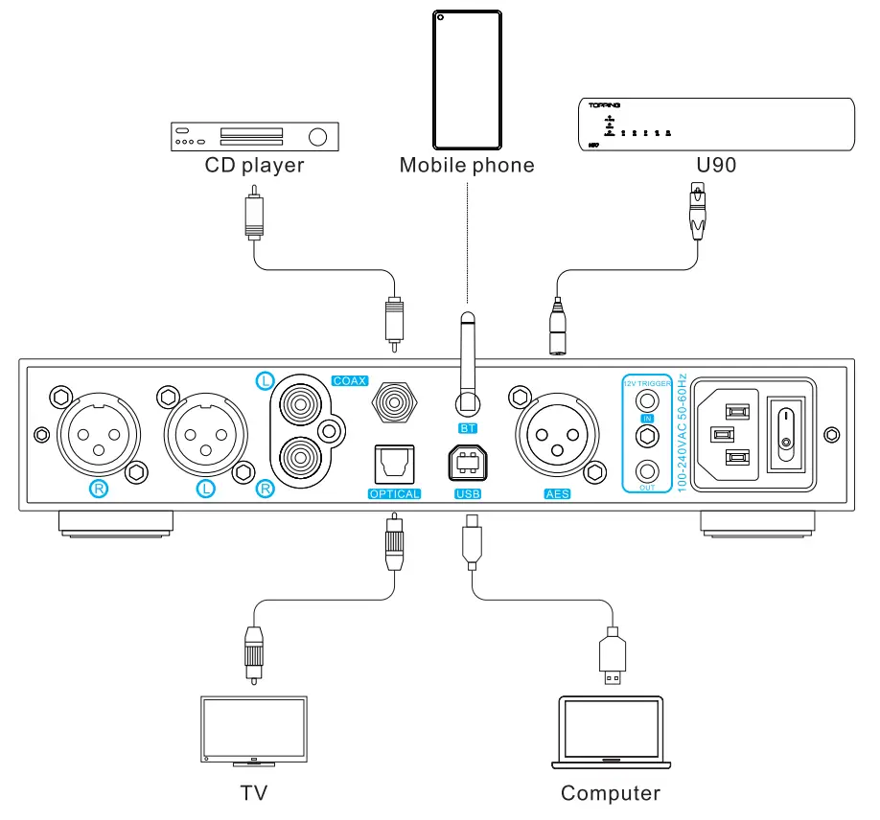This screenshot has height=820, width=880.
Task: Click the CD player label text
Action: tap(254, 166)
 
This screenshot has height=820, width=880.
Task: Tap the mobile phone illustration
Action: tap(467, 78)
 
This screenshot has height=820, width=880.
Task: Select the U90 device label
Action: tap(716, 166)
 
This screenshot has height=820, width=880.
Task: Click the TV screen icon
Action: tap(254, 729)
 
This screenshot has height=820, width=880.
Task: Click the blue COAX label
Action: tap(350, 380)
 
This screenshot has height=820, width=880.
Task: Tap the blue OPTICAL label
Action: tap(394, 494)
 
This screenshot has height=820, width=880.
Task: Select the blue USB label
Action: tap(468, 494)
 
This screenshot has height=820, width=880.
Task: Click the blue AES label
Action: tap(558, 494)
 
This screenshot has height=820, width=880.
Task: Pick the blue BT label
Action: tap(467, 426)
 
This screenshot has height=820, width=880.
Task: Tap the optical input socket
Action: tap(394, 465)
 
